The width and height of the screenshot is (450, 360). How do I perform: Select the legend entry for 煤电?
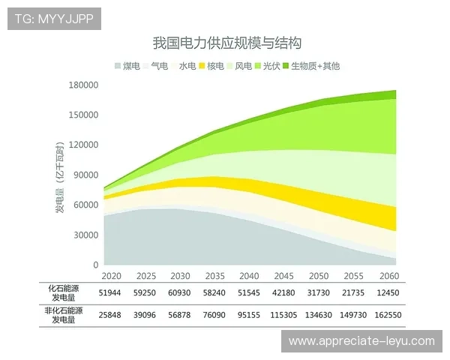[127, 66]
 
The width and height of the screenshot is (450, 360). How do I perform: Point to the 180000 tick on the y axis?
[85, 85]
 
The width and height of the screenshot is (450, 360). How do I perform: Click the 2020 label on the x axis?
[111, 276]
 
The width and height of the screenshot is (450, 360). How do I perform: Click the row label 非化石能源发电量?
[64, 316]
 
